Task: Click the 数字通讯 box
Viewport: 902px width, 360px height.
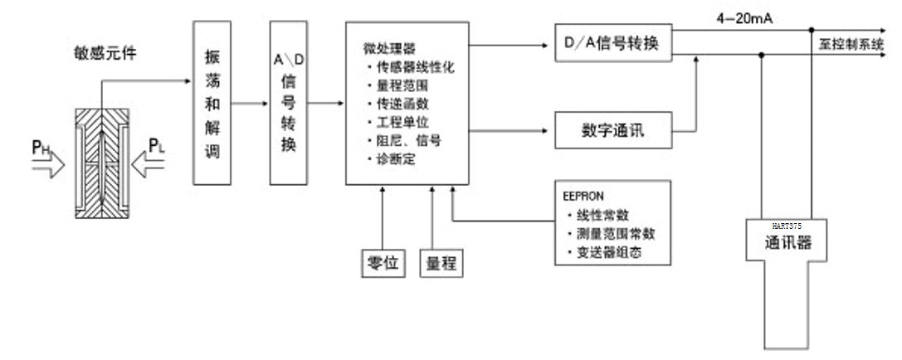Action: pyautogui.click(x=612, y=130)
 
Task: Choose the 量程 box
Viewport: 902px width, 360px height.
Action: pyautogui.click(x=441, y=263)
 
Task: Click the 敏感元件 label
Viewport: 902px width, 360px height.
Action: pyautogui.click(x=104, y=55)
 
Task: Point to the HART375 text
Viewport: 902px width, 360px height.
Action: pyautogui.click(x=786, y=225)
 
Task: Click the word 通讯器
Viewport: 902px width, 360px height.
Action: pyautogui.click(x=786, y=243)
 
